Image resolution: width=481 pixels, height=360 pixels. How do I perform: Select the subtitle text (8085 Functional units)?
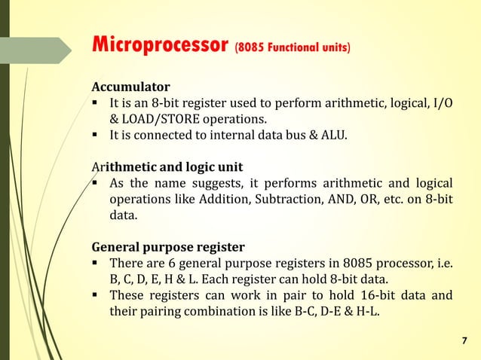[x=293, y=47]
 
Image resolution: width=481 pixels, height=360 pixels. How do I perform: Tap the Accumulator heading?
[x=130, y=86]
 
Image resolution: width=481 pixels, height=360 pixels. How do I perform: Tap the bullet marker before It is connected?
[x=97, y=136]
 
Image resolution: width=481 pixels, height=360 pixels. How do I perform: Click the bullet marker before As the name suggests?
[x=97, y=183]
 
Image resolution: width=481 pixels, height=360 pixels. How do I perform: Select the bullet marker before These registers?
[x=97, y=295]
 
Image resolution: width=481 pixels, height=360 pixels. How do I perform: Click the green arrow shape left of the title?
[x=45, y=50]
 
